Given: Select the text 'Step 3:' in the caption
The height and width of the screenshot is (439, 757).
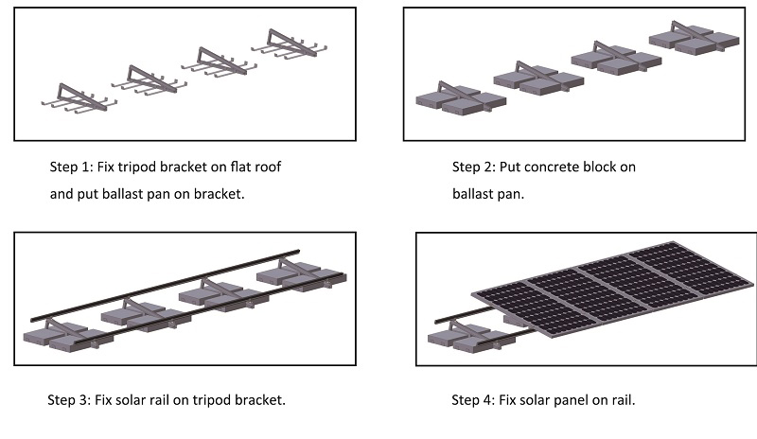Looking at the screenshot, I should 69,399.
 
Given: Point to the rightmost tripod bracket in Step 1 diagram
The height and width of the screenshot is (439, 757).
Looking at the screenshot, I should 288,41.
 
